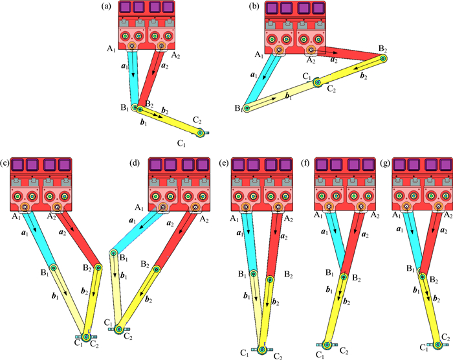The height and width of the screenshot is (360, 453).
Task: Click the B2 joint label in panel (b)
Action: [x=383, y=49]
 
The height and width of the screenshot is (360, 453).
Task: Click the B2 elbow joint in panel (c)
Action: [x=98, y=266]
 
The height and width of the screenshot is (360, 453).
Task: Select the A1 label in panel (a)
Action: [x=112, y=49]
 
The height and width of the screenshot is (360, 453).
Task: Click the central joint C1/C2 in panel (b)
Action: [x=317, y=82]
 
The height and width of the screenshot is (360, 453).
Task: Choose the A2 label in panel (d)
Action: [x=205, y=220]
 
